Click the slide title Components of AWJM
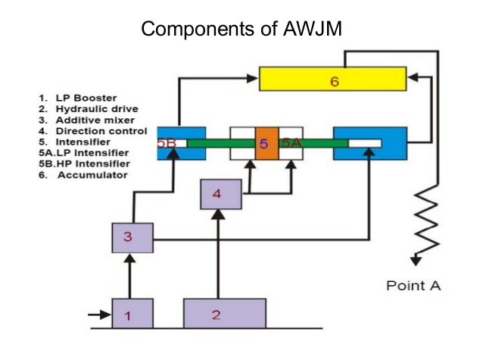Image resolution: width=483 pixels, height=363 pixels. click(x=241, y=30)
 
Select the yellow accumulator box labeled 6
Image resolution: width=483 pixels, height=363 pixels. click(x=334, y=80)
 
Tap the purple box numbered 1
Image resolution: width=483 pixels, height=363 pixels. click(x=132, y=313)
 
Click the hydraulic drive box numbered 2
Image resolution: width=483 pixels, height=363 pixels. click(x=224, y=313)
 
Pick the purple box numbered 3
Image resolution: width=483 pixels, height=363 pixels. click(x=132, y=238)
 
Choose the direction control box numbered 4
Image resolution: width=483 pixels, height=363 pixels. click(x=220, y=195)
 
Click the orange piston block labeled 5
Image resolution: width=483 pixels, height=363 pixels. click(x=266, y=142)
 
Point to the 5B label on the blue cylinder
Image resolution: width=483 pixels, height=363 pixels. click(x=167, y=142)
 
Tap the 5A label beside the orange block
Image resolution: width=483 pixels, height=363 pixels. click(x=291, y=142)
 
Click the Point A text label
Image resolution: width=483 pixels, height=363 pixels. click(x=413, y=286)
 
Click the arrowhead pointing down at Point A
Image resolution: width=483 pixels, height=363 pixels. click(x=415, y=260)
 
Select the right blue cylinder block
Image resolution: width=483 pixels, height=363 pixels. click(x=369, y=142)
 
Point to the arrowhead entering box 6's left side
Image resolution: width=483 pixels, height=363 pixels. click(x=254, y=77)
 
